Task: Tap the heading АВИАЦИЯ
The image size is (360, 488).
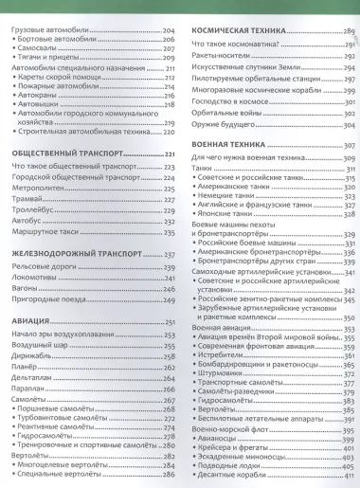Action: (x=29, y=324)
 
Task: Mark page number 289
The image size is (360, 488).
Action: (x=349, y=31)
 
